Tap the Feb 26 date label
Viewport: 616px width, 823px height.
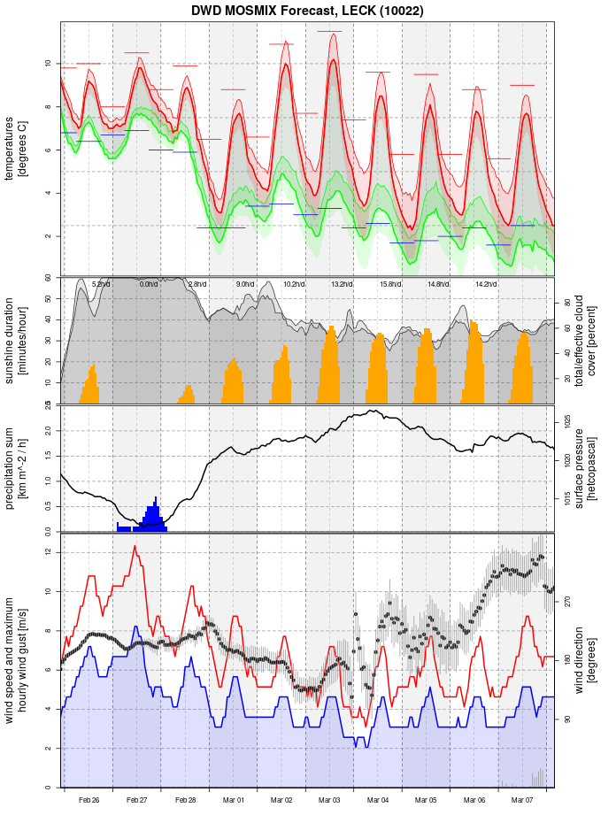click(89, 800)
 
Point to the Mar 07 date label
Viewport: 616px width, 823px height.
click(522, 800)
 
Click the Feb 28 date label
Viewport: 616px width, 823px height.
click(185, 800)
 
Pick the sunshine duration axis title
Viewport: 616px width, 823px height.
click(16, 341)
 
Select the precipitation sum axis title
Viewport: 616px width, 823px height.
click(16, 467)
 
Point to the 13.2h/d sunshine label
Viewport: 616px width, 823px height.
click(341, 284)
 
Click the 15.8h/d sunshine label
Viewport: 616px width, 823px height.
click(389, 284)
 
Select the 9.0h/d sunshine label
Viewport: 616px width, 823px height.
click(244, 284)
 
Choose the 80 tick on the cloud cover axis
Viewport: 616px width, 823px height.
click(566, 302)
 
